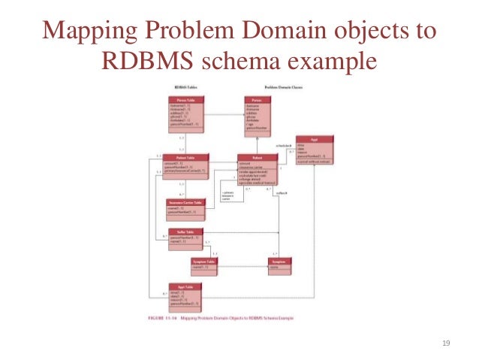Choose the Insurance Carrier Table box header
[185, 202]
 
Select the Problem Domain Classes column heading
[267, 89]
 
